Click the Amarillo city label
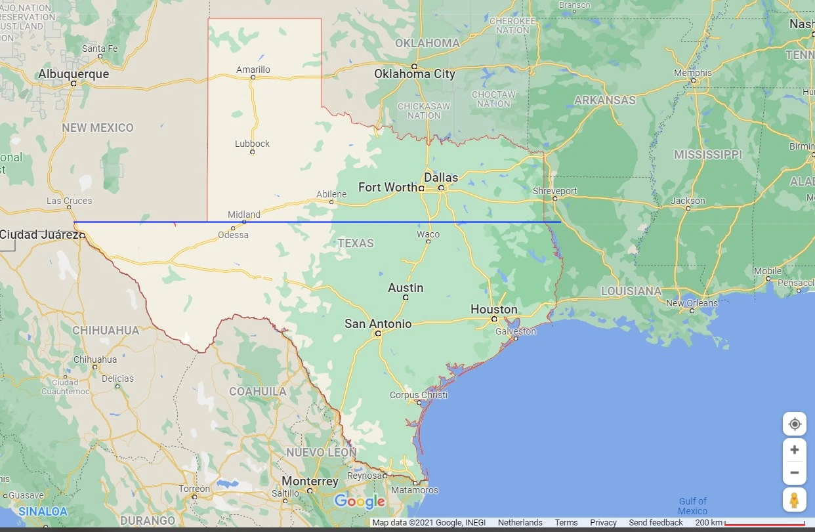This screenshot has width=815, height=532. (x=253, y=70)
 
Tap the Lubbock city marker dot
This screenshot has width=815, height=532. (x=252, y=152)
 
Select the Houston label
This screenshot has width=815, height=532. (x=493, y=309)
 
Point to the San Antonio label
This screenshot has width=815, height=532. (x=378, y=323)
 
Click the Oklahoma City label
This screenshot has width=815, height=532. (x=415, y=74)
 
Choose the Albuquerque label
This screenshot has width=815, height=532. (x=73, y=74)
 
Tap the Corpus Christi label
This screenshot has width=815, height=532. (x=419, y=395)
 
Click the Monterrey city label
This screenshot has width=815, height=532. (x=310, y=481)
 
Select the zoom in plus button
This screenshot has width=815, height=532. (x=795, y=449)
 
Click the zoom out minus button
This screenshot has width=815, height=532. (x=795, y=472)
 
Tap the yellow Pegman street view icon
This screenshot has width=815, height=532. (x=795, y=500)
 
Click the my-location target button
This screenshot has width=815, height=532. (x=795, y=424)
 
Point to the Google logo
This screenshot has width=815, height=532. (x=360, y=502)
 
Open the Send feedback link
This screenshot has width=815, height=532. (x=656, y=523)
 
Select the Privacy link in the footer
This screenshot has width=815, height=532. (x=603, y=523)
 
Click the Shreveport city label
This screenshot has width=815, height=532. (x=554, y=191)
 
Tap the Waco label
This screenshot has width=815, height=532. (x=428, y=234)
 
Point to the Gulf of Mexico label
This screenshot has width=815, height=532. (x=692, y=506)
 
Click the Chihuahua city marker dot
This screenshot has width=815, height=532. (x=94, y=367)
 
